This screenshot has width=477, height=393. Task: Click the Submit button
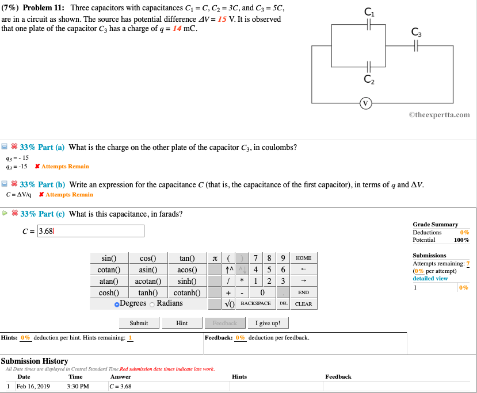point(139,323)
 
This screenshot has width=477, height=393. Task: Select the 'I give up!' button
point(268,323)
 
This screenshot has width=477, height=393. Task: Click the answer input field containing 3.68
point(90,231)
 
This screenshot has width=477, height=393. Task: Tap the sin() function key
point(108,258)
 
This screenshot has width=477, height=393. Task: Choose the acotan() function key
point(147,281)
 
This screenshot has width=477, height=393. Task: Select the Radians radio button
point(152,303)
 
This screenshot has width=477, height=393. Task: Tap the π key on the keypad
point(215,258)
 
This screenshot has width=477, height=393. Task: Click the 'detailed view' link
point(430,278)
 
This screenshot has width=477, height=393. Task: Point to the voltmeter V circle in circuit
point(365,103)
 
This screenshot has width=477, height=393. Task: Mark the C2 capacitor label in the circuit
point(369,80)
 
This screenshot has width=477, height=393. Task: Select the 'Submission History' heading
point(35,361)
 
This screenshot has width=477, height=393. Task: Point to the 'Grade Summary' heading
point(435,224)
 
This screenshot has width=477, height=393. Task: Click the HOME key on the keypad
point(303,258)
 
